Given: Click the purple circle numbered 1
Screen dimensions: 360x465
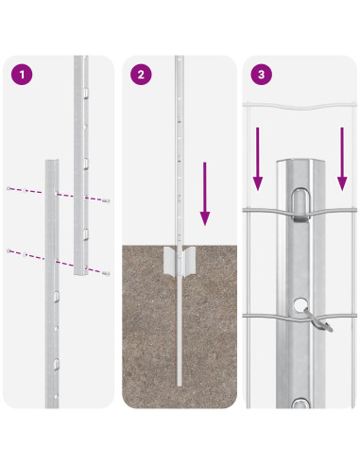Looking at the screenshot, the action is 22,75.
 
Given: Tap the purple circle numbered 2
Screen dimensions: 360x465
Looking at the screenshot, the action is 141,75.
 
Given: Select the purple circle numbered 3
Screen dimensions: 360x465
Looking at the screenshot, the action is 261,75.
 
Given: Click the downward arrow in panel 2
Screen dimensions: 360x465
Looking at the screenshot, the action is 205,194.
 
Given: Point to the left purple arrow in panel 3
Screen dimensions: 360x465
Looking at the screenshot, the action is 258,159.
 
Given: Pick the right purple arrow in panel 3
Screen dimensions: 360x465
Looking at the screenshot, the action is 342,159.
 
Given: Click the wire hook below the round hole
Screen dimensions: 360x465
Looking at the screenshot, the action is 317,320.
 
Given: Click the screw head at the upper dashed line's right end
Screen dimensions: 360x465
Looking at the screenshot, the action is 107,200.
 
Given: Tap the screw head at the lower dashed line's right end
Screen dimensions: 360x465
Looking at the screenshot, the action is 107,273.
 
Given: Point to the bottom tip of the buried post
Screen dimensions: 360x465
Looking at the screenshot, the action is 180,385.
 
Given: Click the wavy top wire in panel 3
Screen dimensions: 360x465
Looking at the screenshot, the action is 300,106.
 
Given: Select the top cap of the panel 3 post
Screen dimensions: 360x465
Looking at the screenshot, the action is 300,164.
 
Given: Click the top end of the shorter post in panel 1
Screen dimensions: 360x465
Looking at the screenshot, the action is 52,162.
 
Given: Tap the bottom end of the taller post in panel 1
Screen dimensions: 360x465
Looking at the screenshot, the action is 81,272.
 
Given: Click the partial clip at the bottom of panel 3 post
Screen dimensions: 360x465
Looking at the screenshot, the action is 300,404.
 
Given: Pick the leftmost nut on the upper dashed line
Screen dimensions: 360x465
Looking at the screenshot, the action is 9,188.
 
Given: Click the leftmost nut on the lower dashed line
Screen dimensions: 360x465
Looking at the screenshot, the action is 9,250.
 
